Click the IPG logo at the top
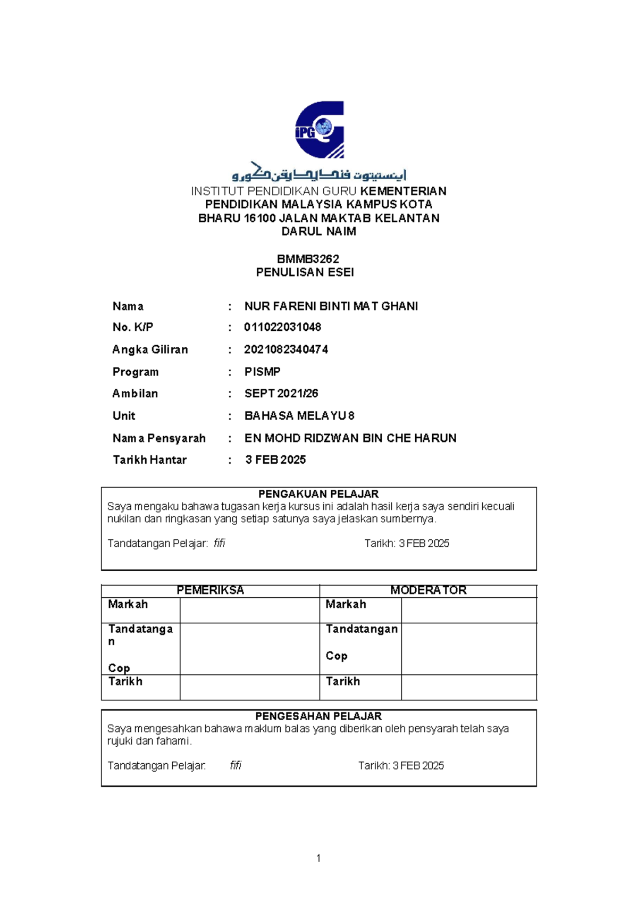(x=320, y=129)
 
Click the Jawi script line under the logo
(x=319, y=173)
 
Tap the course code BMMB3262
(x=308, y=259)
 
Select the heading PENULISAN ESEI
(x=305, y=272)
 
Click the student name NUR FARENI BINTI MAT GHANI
(x=331, y=306)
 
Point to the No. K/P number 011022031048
(x=282, y=327)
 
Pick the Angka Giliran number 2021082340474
(x=286, y=349)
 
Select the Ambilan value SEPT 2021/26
(x=281, y=394)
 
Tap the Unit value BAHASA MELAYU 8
(x=299, y=416)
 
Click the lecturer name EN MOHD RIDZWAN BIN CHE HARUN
(x=350, y=438)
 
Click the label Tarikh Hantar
(x=149, y=460)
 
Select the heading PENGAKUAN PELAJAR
(x=318, y=494)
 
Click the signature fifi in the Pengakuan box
(x=219, y=544)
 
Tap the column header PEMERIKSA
(x=210, y=590)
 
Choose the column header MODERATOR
(x=428, y=590)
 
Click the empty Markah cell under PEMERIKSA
(x=249, y=610)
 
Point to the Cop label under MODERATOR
(x=337, y=656)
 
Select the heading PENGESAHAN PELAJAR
(x=318, y=716)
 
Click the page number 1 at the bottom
(x=318, y=858)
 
